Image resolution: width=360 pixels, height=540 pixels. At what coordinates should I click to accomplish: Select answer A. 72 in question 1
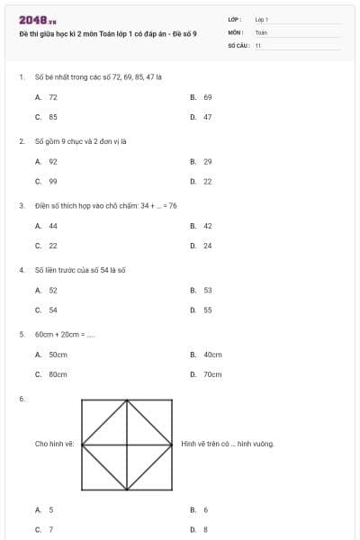point(47,96)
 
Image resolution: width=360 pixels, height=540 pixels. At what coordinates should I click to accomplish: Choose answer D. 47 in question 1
point(202,117)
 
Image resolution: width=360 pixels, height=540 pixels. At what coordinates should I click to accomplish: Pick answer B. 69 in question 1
point(202,96)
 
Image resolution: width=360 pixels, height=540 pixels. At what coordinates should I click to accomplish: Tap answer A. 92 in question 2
point(47,161)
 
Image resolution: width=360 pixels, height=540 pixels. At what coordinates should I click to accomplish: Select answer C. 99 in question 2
point(47,181)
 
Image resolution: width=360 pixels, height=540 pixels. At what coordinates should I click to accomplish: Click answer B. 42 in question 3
point(202,226)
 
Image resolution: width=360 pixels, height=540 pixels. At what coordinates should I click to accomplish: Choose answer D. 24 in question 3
point(202,246)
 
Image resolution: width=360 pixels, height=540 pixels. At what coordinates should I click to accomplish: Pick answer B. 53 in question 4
point(202,291)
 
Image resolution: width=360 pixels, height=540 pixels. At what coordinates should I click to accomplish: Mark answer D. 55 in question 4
point(202,310)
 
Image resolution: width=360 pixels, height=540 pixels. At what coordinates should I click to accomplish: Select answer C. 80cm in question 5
point(51,374)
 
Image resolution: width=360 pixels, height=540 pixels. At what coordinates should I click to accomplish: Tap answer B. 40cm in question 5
point(206,355)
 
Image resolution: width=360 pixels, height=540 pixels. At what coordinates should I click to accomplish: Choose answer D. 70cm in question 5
point(206,374)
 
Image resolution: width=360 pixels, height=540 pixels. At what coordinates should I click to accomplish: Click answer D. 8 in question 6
point(200,530)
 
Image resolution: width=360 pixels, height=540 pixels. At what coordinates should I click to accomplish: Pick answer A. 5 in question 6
point(45,509)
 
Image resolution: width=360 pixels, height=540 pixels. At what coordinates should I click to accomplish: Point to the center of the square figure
point(127,444)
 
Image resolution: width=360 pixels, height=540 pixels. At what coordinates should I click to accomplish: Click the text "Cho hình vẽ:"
point(54,444)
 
